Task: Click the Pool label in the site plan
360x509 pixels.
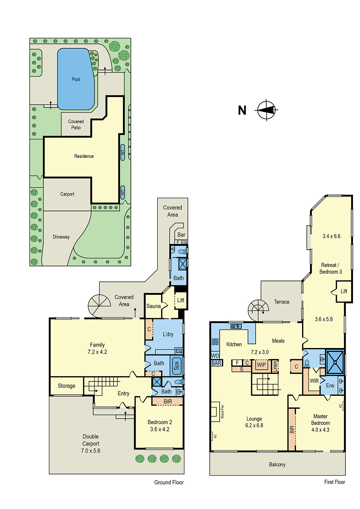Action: pyautogui.click(x=76, y=79)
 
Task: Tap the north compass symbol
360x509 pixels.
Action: pyautogui.click(x=266, y=110)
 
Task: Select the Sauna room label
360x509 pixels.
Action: pyautogui.click(x=153, y=306)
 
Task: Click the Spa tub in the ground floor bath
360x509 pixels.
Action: pyautogui.click(x=177, y=366)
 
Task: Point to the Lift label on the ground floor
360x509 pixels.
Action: pyautogui.click(x=180, y=300)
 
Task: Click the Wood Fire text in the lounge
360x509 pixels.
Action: pyautogui.click(x=222, y=411)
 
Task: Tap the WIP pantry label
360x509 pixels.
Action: pyautogui.click(x=261, y=365)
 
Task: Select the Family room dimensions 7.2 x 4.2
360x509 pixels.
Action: pyautogui.click(x=97, y=352)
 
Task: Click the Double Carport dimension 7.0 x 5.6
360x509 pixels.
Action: pyautogui.click(x=90, y=450)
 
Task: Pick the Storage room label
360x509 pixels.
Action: pyautogui.click(x=67, y=386)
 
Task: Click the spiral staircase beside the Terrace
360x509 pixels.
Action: pyautogui.click(x=258, y=310)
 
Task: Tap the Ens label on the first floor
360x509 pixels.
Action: pyautogui.click(x=330, y=386)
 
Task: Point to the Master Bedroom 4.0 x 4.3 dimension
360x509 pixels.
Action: pyautogui.click(x=320, y=430)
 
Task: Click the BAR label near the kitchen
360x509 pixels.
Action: pyautogui.click(x=216, y=363)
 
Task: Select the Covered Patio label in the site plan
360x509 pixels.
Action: pyautogui.click(x=76, y=124)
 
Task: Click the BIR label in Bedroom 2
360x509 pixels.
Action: pyautogui.click(x=168, y=401)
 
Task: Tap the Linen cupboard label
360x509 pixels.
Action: pyautogui.click(x=275, y=366)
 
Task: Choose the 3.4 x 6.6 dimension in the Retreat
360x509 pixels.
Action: pyautogui.click(x=331, y=236)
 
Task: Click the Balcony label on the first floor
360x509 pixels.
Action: pyautogui.click(x=277, y=464)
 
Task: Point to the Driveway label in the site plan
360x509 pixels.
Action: pyautogui.click(x=61, y=237)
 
